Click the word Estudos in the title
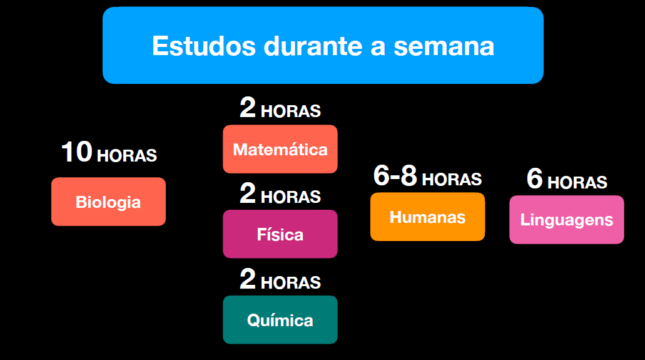pyautogui.click(x=204, y=46)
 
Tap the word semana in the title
pyautogui.click(x=444, y=46)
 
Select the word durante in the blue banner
pyautogui.click(x=313, y=46)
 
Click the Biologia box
pyautogui.click(x=109, y=202)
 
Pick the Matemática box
pyautogui.click(x=280, y=149)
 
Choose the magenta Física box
pyautogui.click(x=280, y=234)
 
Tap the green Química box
pyautogui.click(x=280, y=320)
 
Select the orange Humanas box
pyautogui.click(x=428, y=217)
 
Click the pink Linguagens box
pyautogui.click(x=567, y=220)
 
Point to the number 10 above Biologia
pyautogui.click(x=77, y=152)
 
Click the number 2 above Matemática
pyautogui.click(x=248, y=108)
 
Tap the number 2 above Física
pyautogui.click(x=248, y=193)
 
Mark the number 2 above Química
pyautogui.click(x=248, y=279)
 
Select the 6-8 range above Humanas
pyautogui.click(x=395, y=175)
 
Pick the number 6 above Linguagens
pyautogui.click(x=535, y=178)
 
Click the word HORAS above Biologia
pyautogui.click(x=127, y=156)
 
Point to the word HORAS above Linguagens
pyautogui.click(x=577, y=182)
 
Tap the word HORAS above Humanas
pyautogui.click(x=452, y=180)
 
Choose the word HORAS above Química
pyautogui.click(x=291, y=283)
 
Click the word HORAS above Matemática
pyautogui.click(x=291, y=111)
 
